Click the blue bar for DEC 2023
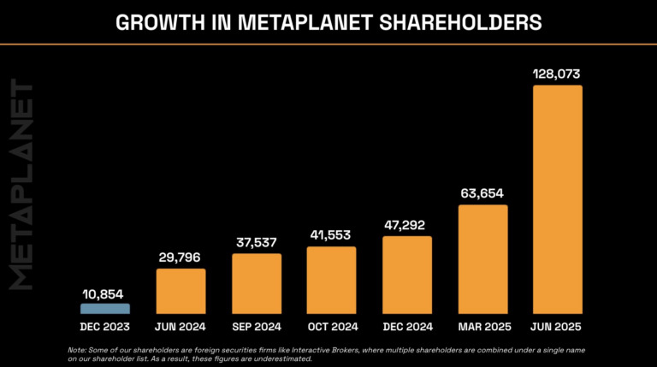pos(105,309)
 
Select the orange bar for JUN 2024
pos(181,291)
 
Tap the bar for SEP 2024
pos(257,283)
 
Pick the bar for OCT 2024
pos(331,280)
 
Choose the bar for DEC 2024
pos(406,275)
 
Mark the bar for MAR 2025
pos(482,259)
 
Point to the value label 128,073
pos(557,74)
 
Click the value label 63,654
pos(482,194)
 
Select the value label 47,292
pos(406,226)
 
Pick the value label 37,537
pos(257,243)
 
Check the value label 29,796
pos(181,258)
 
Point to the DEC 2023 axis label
pos(105,327)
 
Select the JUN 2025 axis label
pos(557,327)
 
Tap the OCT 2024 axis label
pos(331,327)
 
